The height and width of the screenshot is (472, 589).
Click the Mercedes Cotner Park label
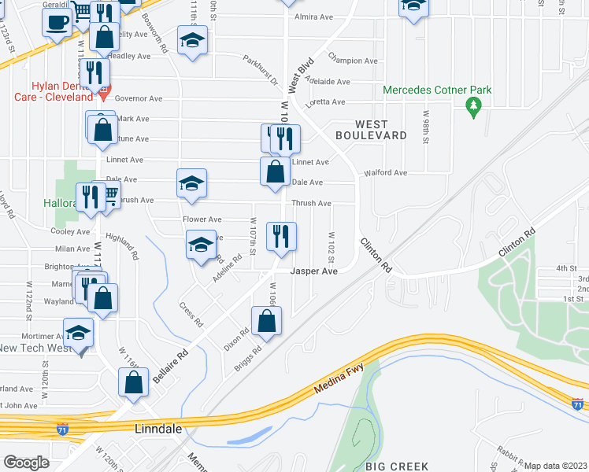tap(437, 90)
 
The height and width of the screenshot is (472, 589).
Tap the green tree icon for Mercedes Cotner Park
tap(473, 105)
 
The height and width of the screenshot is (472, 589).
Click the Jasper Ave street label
tap(314, 271)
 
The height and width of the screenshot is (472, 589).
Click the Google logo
tap(26, 463)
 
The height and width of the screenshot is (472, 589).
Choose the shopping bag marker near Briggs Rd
tap(267, 320)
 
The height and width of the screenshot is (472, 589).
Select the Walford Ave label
tap(385, 172)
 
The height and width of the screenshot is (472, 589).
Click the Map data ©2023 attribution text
tap(555, 466)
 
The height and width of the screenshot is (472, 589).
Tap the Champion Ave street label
tap(352, 61)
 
